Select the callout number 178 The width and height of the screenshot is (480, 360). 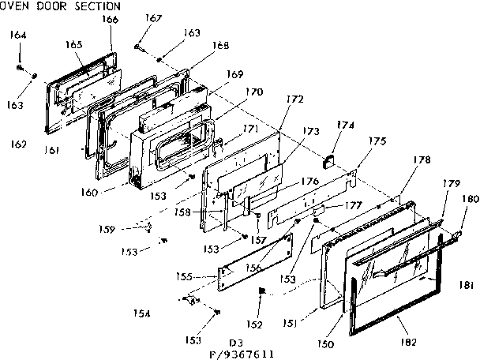pyautogui.click(x=422, y=160)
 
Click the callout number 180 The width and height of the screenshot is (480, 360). pyautogui.click(x=471, y=199)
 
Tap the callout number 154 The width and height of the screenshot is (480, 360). pyautogui.click(x=141, y=314)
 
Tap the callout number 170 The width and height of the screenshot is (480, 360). pyautogui.click(x=254, y=92)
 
